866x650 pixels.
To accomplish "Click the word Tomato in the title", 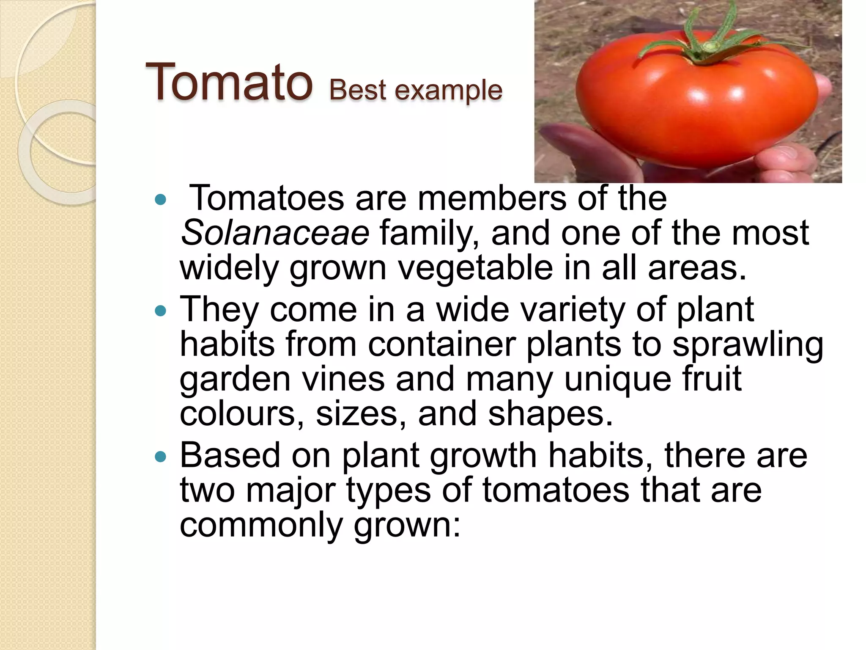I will click(x=229, y=82).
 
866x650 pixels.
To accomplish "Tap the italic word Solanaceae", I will click(x=275, y=233).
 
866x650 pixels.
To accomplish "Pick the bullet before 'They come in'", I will click(x=161, y=312).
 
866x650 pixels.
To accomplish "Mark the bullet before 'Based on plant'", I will click(x=161, y=457).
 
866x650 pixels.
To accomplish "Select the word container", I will click(x=441, y=344).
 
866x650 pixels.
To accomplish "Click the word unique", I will click(x=617, y=379).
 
